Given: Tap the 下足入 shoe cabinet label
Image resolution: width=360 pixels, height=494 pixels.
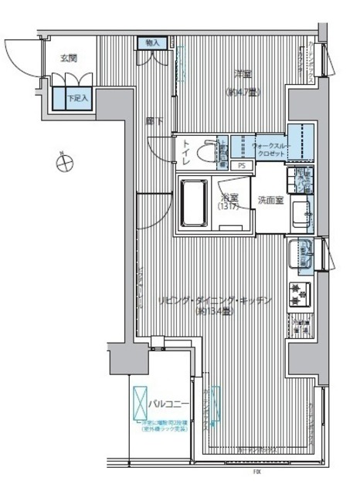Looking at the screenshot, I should coord(75,98).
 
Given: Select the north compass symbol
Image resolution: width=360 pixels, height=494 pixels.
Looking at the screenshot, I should coord(66,163).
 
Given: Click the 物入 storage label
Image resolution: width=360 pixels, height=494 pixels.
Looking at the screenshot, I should coord(152,45).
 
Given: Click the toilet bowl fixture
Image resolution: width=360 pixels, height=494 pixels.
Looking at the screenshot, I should coord(206,152).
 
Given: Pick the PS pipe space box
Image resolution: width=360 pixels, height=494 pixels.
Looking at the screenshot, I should coord(242,165).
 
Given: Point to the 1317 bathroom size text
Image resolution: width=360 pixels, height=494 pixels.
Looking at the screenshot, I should coord(226,208).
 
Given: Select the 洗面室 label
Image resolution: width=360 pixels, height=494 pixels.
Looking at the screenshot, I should coord(270,200).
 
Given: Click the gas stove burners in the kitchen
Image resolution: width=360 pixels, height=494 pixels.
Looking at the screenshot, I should coord(299,293).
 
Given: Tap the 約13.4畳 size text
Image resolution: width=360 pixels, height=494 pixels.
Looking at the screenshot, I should coord(212,313).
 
